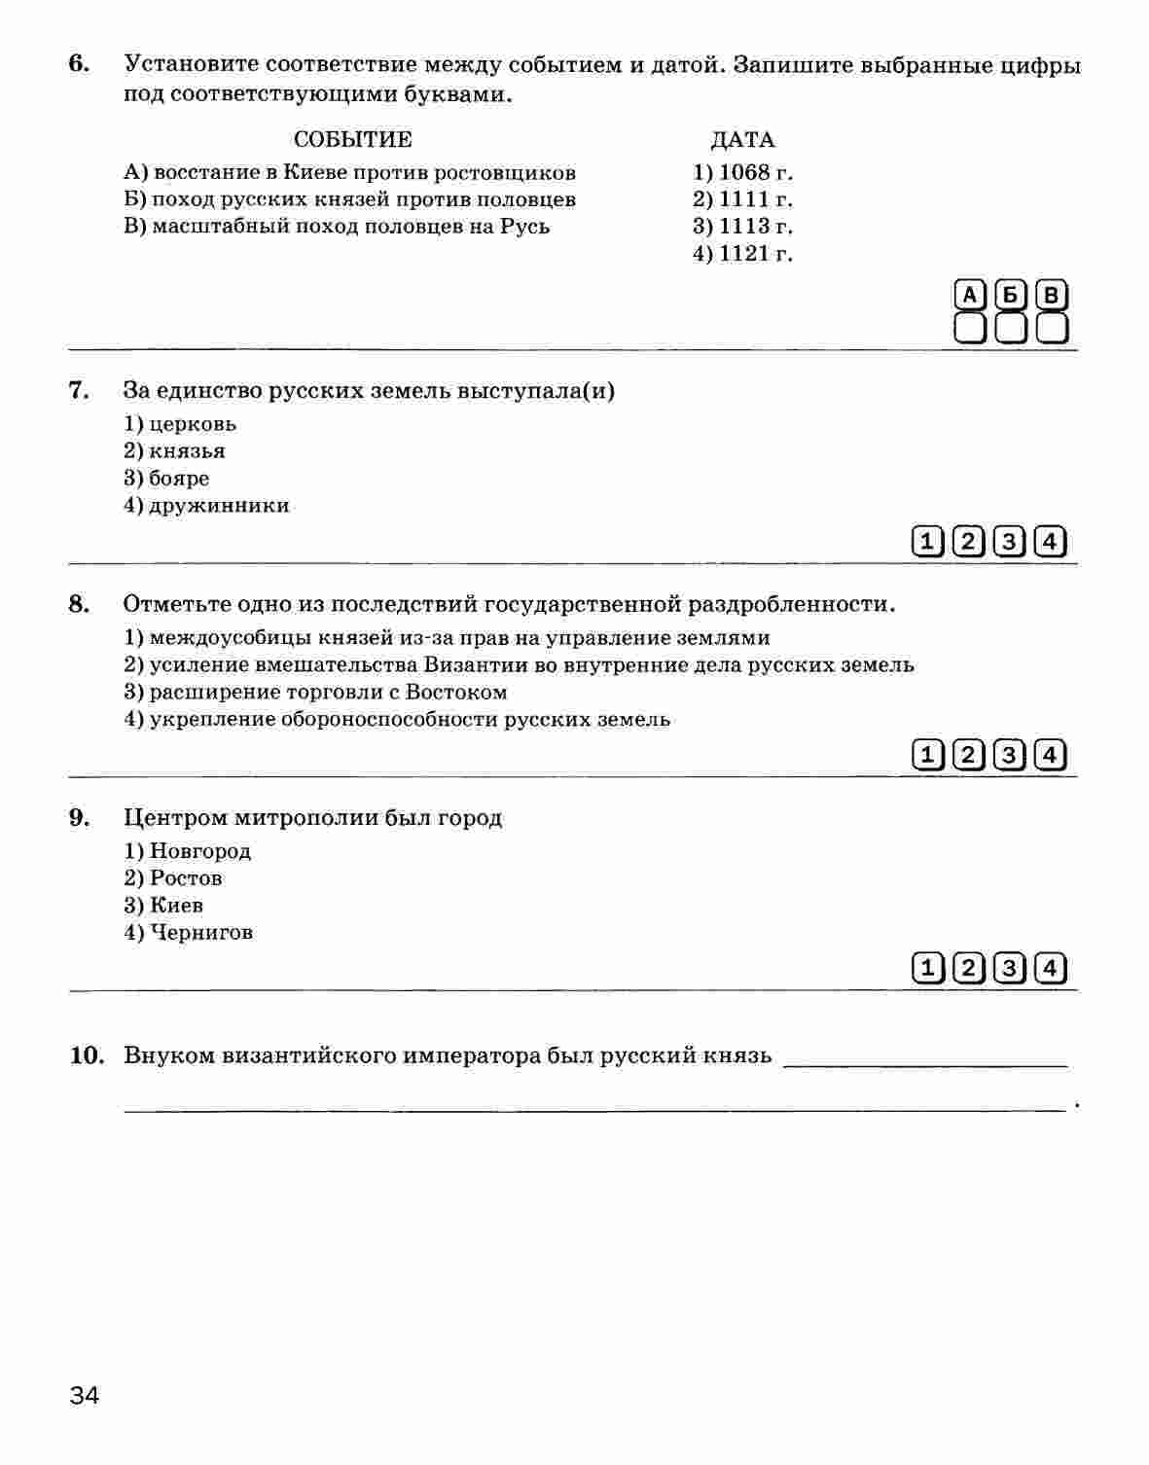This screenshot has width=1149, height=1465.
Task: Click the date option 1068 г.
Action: (x=743, y=172)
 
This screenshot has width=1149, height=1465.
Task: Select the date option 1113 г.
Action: (x=743, y=227)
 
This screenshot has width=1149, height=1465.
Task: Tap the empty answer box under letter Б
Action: (x=1011, y=328)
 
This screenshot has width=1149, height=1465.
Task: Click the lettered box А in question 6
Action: (x=970, y=295)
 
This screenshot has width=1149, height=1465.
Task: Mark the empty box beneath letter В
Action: (x=1052, y=328)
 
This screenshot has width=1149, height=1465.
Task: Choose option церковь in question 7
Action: (x=181, y=424)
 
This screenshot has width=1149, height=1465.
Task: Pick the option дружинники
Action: (x=207, y=506)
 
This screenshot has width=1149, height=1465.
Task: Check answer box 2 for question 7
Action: (x=969, y=542)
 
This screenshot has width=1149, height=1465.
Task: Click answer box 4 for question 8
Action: (x=1051, y=754)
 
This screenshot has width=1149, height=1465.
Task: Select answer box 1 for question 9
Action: (x=928, y=968)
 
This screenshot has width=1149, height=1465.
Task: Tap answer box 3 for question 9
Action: (x=1010, y=968)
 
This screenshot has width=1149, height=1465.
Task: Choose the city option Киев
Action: (x=164, y=906)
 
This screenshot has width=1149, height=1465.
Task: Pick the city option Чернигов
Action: (x=189, y=933)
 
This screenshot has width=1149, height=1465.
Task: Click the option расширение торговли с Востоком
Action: (x=316, y=693)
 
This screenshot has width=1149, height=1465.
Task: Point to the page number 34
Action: (x=85, y=1397)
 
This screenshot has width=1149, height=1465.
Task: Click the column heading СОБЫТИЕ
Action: (x=352, y=140)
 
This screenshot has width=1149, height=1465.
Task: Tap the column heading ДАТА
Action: (x=742, y=140)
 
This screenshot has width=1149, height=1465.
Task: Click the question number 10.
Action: (x=87, y=1055)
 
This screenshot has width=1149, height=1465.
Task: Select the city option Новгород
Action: (x=188, y=851)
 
